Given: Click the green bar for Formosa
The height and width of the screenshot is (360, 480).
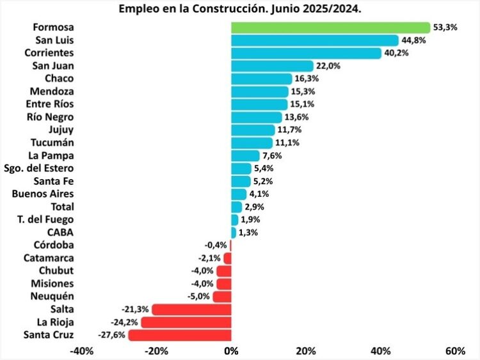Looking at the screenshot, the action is [331, 27].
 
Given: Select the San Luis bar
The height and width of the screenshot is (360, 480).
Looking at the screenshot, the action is [315, 40].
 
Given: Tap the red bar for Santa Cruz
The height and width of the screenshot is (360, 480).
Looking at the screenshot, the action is [180, 335].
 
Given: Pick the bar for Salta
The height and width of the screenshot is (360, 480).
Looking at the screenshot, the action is [191, 309].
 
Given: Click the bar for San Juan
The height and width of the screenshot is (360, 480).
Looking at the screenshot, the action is [272, 66].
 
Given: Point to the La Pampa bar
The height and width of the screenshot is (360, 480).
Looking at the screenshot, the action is [245, 155].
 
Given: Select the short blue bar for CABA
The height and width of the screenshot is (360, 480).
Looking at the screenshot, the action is [234, 233].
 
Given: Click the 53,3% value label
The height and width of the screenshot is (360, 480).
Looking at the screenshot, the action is [445, 27].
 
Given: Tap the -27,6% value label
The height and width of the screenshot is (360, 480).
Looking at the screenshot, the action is [112, 335].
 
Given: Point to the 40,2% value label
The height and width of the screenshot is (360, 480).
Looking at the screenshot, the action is [396, 53].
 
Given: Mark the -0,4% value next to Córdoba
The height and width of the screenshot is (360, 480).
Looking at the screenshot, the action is [216, 246].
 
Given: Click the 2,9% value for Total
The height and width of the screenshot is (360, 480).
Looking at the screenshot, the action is [254, 207].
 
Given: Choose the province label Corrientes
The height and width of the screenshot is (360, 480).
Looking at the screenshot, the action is [49, 53].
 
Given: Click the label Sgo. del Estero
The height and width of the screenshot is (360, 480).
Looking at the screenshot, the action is [39, 169].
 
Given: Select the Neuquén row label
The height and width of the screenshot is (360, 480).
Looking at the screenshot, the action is [52, 297].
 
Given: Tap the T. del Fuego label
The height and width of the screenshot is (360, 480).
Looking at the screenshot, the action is [45, 219].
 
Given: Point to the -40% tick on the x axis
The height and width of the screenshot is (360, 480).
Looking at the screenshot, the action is [82, 351].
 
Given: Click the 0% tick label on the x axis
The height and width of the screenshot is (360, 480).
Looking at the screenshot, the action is [231, 351].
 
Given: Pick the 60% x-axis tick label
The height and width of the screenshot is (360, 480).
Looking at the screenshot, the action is [456, 351].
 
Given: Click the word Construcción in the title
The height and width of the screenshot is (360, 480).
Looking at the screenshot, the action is [230, 9].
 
